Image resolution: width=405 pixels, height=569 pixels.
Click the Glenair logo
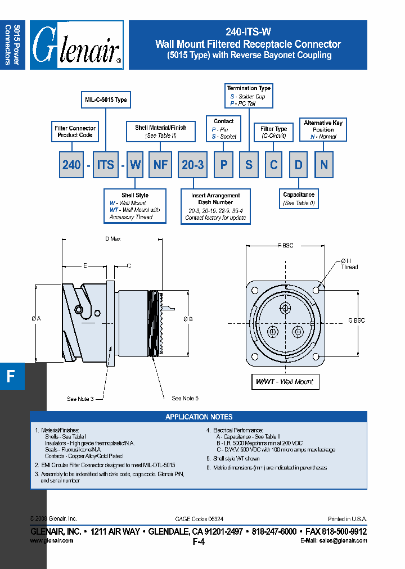tap(76, 45)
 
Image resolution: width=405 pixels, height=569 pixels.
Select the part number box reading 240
tap(71, 165)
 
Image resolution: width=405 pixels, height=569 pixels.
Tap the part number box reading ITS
tap(105, 165)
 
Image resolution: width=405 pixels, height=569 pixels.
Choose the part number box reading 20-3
tap(192, 165)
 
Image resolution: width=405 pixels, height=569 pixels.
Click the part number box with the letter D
tap(298, 165)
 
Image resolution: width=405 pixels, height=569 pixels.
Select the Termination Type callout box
tap(249, 96)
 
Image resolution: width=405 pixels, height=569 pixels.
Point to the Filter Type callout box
tap(274, 132)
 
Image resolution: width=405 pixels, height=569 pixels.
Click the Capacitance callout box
tap(299, 198)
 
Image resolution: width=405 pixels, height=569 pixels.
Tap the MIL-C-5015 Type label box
tap(106, 100)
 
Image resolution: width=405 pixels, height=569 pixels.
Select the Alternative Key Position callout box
tap(323, 129)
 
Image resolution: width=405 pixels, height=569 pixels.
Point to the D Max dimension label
tap(112, 239)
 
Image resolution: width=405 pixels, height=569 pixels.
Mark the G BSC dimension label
tap(356, 320)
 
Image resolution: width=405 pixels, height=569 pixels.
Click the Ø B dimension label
tap(188, 319)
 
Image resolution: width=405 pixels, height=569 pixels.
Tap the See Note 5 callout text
tap(185, 398)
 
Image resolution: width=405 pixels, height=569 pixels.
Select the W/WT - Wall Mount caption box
tap(285, 382)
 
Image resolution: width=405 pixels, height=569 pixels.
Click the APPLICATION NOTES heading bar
tap(199, 417)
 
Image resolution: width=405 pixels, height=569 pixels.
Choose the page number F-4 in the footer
tap(199, 542)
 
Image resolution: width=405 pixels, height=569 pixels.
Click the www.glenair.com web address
tap(51, 540)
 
